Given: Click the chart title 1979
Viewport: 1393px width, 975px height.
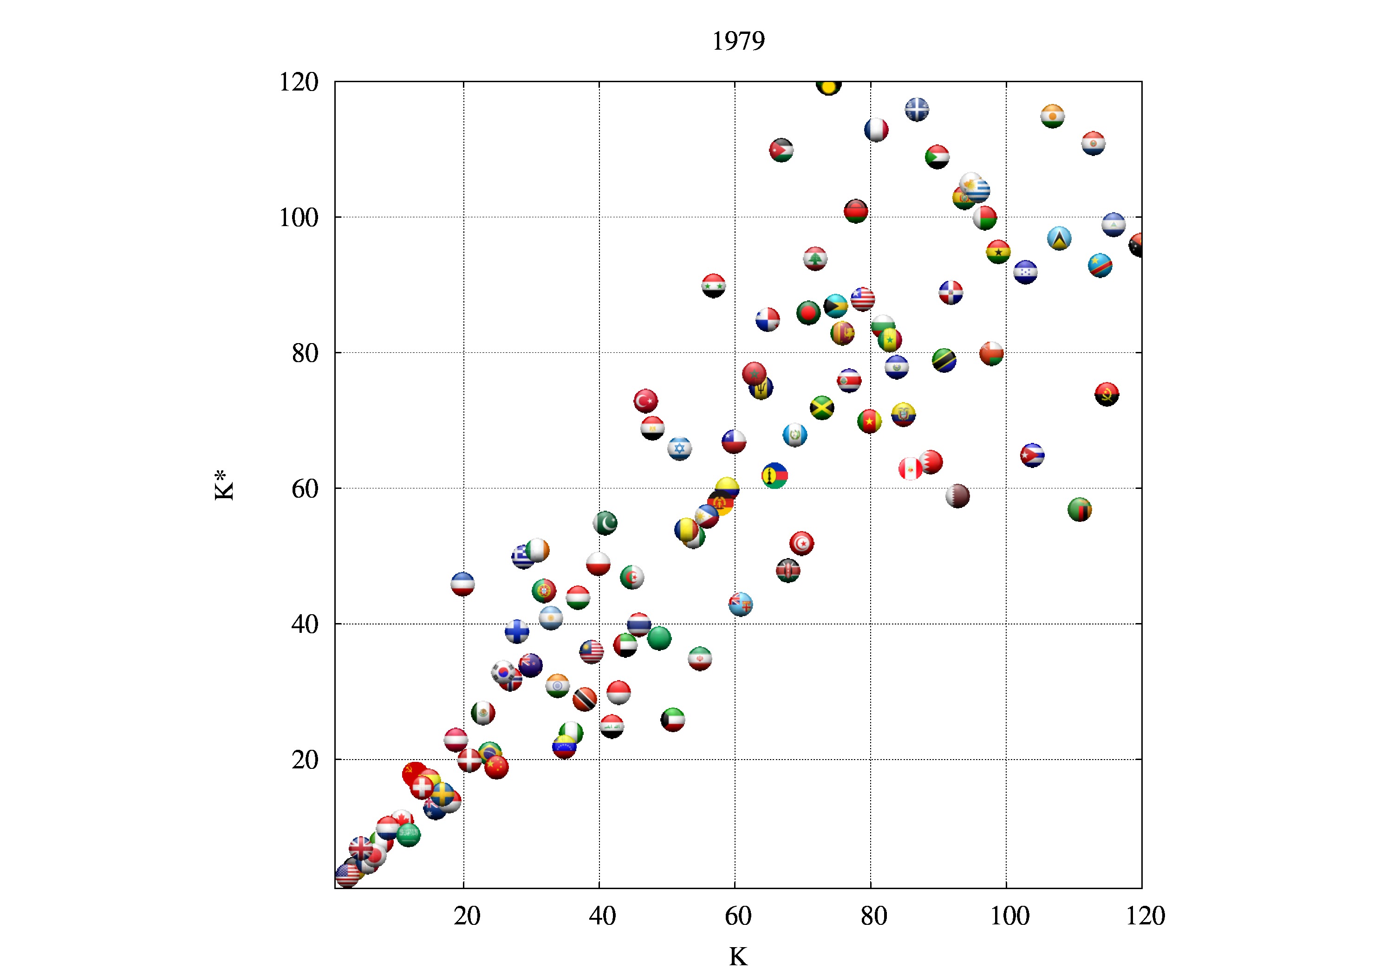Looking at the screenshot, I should pos(738,41).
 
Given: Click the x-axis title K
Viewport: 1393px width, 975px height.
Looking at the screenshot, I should pos(738,957).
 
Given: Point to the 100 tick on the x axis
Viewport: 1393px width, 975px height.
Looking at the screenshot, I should pos(1009,916).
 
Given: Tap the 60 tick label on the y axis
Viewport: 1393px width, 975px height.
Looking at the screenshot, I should pos(305,488).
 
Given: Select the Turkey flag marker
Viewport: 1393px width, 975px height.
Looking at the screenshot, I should pos(645,400).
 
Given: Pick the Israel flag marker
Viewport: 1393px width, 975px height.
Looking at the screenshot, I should pos(679,448).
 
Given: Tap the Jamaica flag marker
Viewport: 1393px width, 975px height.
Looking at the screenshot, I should pos(822,408).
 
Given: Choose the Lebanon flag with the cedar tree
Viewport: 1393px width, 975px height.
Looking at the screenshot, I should pos(815,259).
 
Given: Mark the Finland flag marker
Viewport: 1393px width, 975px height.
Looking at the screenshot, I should pos(517,631).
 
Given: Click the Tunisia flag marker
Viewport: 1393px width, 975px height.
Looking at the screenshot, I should pos(801,543).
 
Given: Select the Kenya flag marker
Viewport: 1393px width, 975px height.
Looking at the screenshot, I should pos(788,570).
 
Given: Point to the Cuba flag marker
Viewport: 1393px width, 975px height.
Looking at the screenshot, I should pos(1032,455).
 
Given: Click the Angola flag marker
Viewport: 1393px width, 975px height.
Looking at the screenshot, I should pos(1107,394).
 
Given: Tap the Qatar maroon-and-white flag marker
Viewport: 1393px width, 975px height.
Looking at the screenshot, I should pos(957,496).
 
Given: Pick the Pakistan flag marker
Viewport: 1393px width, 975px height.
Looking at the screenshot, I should pos(605,522).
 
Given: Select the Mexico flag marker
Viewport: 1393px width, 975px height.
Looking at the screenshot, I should pos(483,713).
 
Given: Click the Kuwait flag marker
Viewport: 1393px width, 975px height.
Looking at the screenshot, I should pos(673,720).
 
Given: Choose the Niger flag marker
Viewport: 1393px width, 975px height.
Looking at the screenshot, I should pos(1053,116).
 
